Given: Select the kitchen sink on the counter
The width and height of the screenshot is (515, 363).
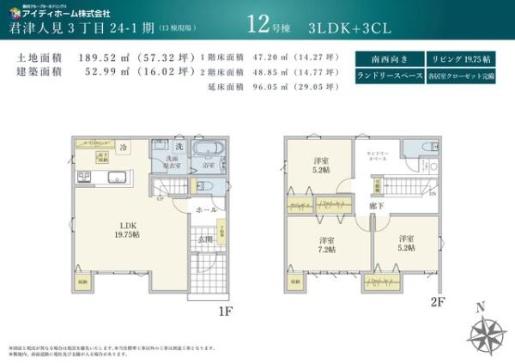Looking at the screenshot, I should pyautogui.click(x=115, y=178).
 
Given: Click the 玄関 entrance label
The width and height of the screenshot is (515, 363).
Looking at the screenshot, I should pyautogui.click(x=205, y=240).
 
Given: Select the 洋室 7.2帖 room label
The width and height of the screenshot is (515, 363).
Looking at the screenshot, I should pyautogui.click(x=326, y=244).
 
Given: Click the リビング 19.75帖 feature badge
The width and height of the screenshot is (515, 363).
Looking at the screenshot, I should pyautogui.click(x=463, y=59).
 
